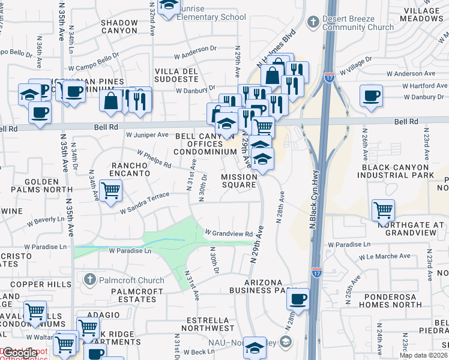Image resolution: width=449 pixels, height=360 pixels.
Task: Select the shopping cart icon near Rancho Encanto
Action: tap(110, 192)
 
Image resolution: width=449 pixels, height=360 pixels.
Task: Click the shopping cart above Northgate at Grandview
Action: tap(383, 211)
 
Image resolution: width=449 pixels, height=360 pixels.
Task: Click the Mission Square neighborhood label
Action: tap(240, 181)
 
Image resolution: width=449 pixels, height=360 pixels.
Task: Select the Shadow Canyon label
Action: tap(119, 28)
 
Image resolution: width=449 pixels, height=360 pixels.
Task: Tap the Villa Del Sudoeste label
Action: tap(176, 76)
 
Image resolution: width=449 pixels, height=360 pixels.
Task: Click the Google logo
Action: tap(20, 353)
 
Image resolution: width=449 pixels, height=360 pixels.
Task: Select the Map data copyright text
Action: tap(423, 355)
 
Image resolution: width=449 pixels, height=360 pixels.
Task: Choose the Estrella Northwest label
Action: tap(202, 324)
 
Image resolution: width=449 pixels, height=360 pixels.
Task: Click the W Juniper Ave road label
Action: tap(147, 135)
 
